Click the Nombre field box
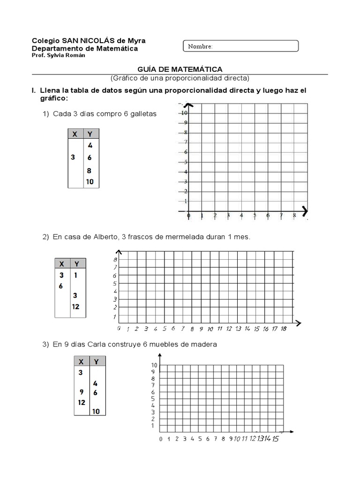240,46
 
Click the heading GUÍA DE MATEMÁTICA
180,69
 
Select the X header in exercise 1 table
74,134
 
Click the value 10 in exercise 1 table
90,181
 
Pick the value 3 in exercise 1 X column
73,157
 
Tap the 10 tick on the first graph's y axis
185,113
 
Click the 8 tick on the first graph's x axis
294,216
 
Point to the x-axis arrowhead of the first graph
305,209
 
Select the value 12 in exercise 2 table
75,307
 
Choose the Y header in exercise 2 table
76,263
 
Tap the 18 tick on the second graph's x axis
284,329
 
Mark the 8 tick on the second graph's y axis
115,259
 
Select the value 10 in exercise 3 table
96,412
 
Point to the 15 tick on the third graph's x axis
275,439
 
